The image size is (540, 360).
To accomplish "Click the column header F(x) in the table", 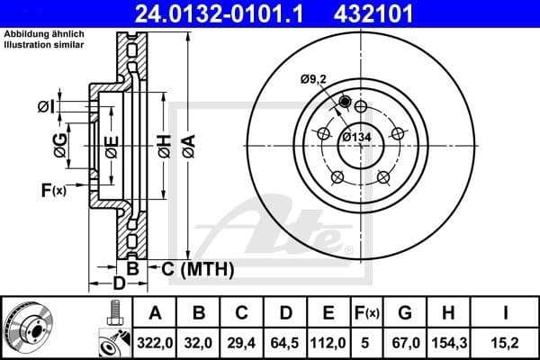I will pyautogui.click(x=366, y=313).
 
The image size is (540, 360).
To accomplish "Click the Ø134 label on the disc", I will pyautogui.click(x=358, y=137).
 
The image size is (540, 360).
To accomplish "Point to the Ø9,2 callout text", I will pyautogui.click(x=314, y=79).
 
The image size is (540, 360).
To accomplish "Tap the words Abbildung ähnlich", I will pyautogui.click(x=35, y=34).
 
